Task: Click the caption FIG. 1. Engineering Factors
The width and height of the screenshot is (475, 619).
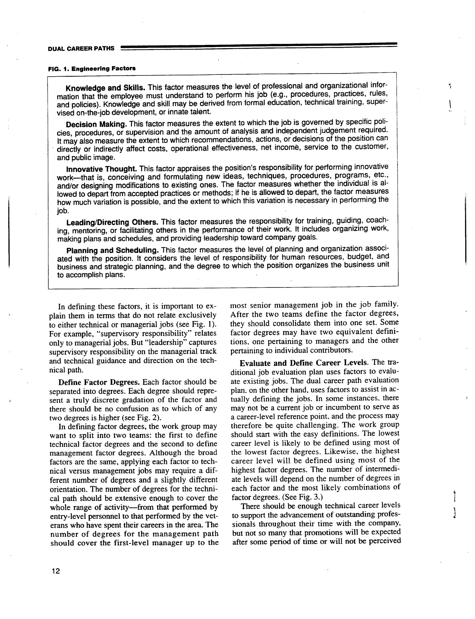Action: coord(92,68)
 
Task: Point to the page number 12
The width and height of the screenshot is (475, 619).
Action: coord(56,571)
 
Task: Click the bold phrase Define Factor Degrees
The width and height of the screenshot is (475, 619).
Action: coord(99,382)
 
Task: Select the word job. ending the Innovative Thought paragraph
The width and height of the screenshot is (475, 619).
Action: coord(63,211)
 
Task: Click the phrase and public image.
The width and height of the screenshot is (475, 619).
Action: coord(86,158)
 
